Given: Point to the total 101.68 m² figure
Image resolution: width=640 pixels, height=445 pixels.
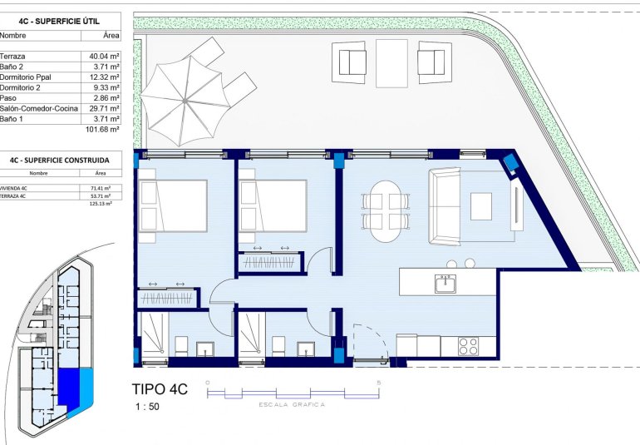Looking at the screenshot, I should pyautogui.click(x=103, y=130).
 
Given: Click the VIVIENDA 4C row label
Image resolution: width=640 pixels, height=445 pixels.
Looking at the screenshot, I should pyautogui.click(x=14, y=188).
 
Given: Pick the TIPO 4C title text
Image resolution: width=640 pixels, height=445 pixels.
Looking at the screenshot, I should pyautogui.click(x=160, y=388).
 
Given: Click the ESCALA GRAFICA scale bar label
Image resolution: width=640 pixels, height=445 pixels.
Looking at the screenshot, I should pyautogui.click(x=293, y=405).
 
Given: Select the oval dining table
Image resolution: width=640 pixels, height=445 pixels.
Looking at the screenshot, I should pyautogui.click(x=386, y=211).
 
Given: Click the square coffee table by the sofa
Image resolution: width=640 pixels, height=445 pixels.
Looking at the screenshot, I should pyautogui.click(x=481, y=206).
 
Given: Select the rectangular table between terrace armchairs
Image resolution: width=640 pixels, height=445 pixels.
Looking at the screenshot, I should pyautogui.click(x=391, y=63).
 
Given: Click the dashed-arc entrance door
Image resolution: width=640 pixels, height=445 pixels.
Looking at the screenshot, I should pyautogui.click(x=366, y=342).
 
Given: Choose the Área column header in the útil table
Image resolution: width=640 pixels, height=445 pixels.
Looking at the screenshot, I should pyautogui.click(x=111, y=36).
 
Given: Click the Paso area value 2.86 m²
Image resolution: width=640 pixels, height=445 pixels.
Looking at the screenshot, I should pyautogui.click(x=105, y=98).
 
